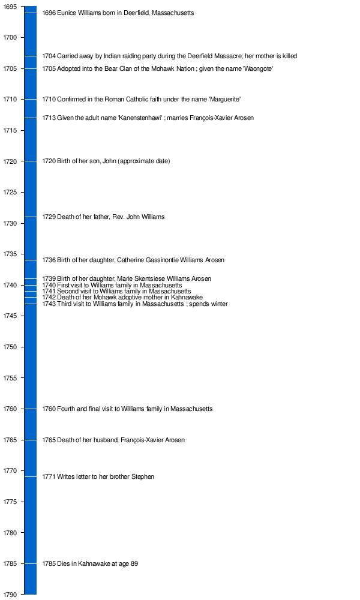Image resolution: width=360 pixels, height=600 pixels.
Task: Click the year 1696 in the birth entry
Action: point(49,13)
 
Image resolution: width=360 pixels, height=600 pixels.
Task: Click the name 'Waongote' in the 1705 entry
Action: point(258,68)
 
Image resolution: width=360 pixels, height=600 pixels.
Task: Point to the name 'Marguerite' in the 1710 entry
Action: point(224,99)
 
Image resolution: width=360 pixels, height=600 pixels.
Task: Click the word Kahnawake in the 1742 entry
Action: point(187,297)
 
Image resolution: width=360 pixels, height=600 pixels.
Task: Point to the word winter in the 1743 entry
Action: point(218,304)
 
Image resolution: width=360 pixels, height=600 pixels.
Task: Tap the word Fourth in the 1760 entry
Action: point(67,409)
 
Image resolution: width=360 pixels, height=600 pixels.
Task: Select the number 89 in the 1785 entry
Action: point(134,563)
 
